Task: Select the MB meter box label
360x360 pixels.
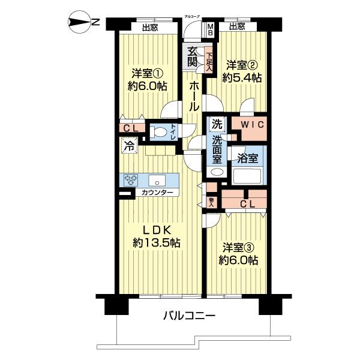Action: [x=211, y=29]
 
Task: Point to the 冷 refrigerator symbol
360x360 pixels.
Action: [x=128, y=145]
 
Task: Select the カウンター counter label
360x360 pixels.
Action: [x=157, y=193]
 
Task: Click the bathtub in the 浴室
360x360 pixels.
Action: [x=248, y=175]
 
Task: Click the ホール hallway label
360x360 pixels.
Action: [x=195, y=96]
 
